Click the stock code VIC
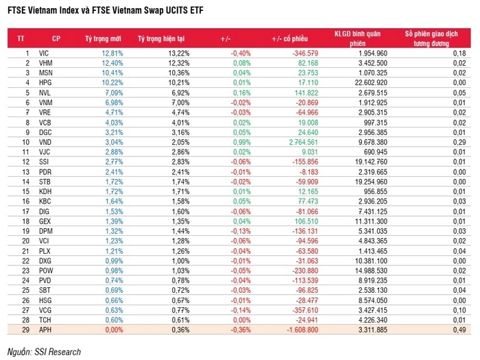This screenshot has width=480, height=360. point(45,53)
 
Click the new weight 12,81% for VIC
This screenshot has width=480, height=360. point(112,53)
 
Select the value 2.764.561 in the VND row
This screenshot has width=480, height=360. point(298,142)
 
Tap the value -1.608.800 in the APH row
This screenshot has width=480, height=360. point(299,330)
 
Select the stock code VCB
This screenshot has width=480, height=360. point(45,122)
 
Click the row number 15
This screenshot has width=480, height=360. point(25,191)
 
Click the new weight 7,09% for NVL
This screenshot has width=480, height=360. point(114,93)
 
